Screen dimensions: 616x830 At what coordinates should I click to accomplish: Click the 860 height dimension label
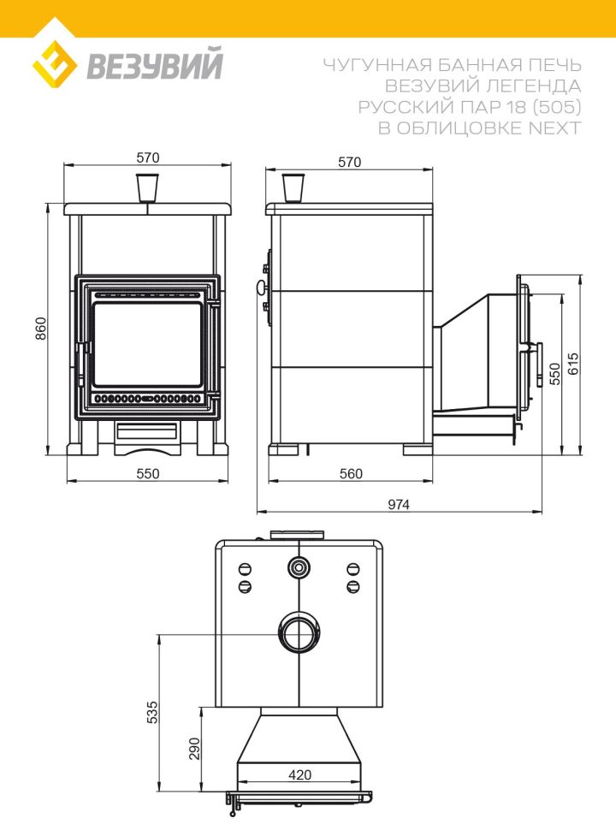(41, 329)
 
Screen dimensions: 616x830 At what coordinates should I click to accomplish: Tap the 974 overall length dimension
(399, 505)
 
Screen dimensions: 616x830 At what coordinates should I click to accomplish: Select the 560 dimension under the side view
(351, 474)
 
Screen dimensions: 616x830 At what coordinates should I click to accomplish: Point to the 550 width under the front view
(148, 474)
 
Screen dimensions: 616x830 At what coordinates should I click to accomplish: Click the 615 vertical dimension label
(574, 365)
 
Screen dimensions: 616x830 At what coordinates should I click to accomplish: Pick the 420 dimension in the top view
(300, 775)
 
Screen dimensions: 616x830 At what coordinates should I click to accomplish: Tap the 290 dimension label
(195, 749)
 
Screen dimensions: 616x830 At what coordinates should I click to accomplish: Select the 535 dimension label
(152, 713)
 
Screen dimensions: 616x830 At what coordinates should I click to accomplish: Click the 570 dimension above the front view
(148, 157)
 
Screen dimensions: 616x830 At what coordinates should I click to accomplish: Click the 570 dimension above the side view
(349, 162)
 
